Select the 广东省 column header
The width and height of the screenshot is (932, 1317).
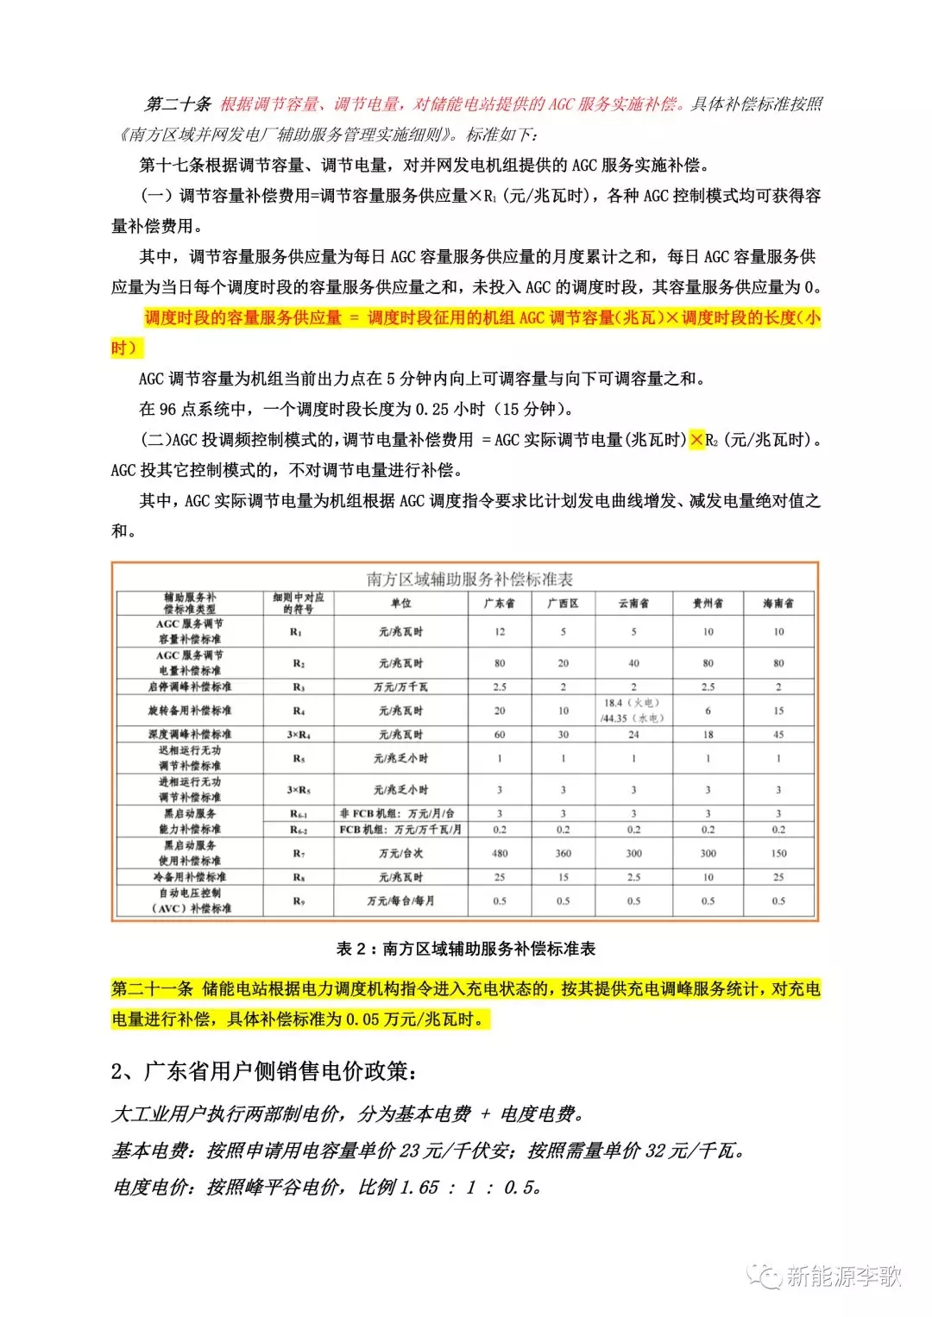click(500, 603)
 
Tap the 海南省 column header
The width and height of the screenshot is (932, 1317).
click(778, 603)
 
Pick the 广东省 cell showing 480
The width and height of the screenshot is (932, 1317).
click(500, 853)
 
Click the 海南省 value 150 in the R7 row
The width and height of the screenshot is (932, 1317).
click(778, 853)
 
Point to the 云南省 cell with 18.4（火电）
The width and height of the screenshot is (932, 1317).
click(633, 704)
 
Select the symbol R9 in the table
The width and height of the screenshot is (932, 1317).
click(299, 900)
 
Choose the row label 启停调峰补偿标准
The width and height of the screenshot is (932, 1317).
click(190, 687)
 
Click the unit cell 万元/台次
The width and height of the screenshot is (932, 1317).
click(400, 853)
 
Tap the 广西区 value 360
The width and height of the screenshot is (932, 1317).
click(563, 853)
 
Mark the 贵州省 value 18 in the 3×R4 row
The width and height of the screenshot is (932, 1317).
click(708, 734)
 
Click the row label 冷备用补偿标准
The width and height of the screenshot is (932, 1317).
click(190, 876)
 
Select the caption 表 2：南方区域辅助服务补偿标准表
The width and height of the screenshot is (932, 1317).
click(466, 949)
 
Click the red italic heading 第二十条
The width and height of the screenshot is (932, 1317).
click(178, 104)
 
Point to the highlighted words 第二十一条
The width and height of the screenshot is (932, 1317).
click(152, 988)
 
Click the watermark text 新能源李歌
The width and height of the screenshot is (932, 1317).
click(843, 1276)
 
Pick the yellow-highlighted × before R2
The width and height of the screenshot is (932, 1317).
click(696, 440)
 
